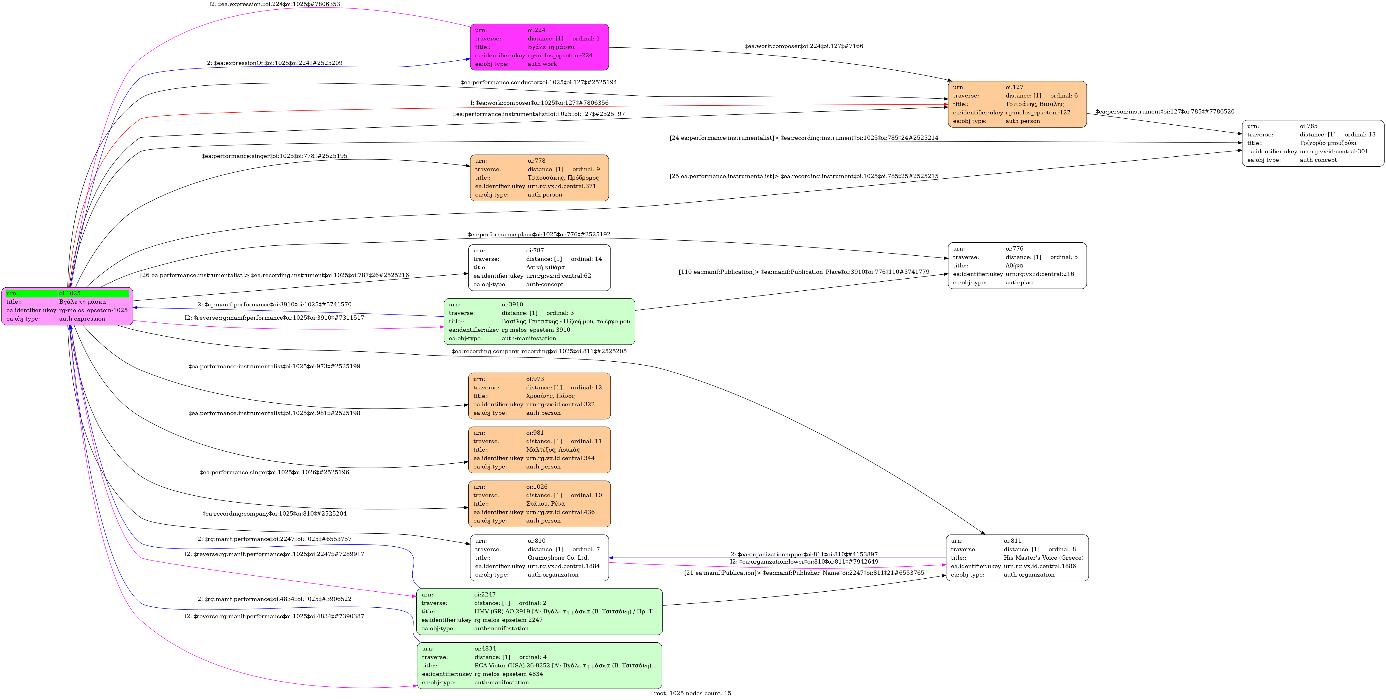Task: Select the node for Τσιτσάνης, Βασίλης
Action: coord(1017,104)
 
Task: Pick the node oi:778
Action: coord(539,178)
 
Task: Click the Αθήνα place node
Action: coord(1017,266)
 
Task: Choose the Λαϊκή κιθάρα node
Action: coord(539,268)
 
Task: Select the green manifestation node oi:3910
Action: coord(539,321)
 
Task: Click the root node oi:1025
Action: coord(67,306)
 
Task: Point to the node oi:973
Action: coord(539,396)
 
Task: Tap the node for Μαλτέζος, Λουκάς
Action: coord(539,450)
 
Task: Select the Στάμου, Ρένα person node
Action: coord(539,504)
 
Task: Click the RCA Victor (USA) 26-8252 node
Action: coord(539,666)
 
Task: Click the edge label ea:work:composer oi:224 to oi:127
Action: coord(804,46)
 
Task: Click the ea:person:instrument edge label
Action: coord(1165,112)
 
